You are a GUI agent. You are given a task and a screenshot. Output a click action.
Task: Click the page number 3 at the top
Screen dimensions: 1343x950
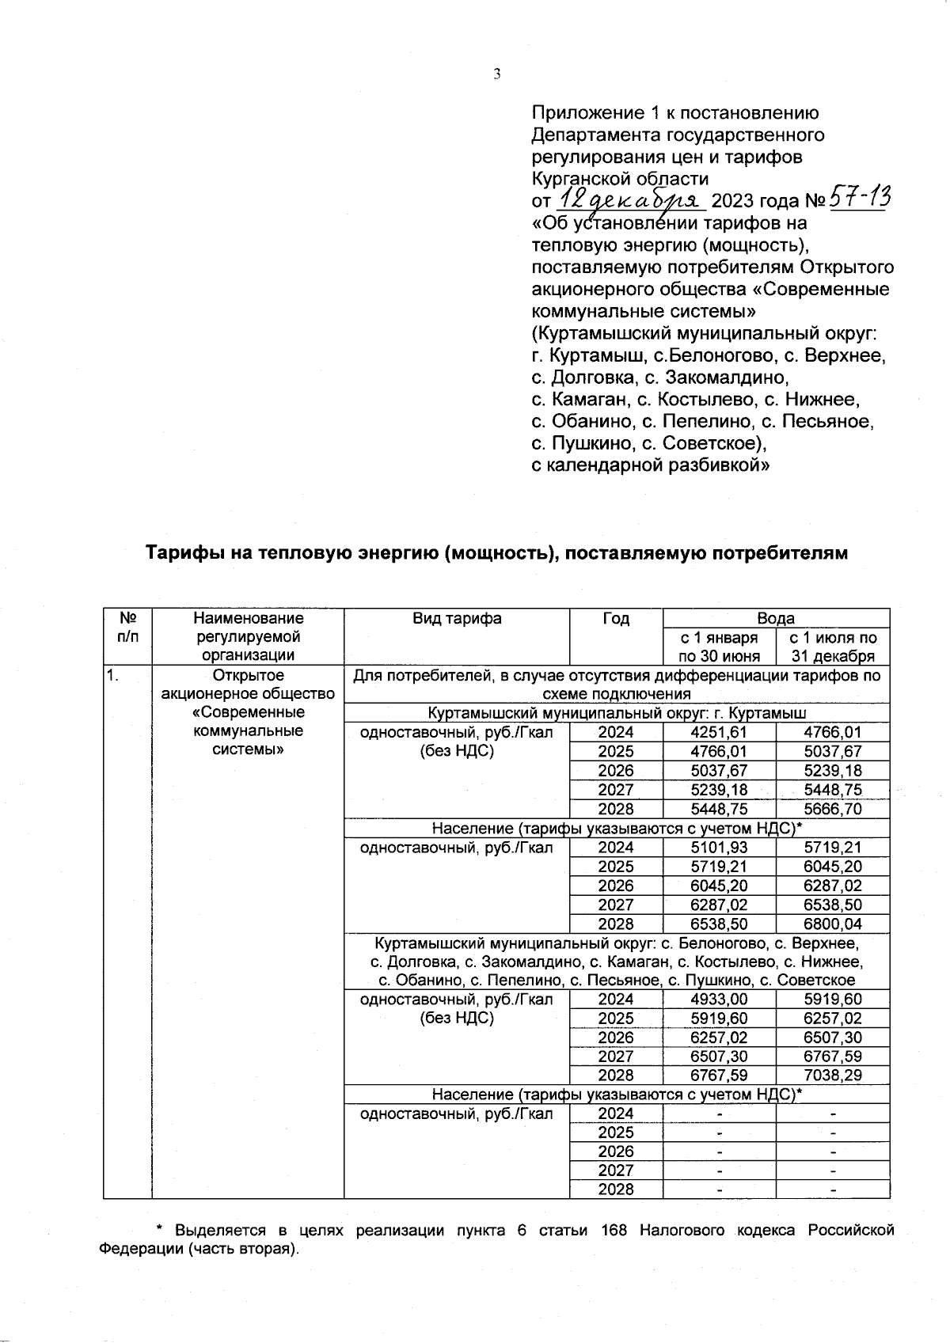[496, 74]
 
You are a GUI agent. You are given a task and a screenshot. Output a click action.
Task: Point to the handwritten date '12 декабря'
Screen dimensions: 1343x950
[630, 198]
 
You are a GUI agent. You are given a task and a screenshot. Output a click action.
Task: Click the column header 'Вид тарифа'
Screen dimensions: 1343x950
[457, 619]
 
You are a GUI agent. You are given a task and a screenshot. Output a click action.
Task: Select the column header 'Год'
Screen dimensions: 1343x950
[615, 619]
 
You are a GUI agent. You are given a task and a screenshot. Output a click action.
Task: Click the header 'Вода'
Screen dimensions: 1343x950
[776, 619]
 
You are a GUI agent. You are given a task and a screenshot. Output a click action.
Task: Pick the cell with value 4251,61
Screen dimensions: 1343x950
[718, 733]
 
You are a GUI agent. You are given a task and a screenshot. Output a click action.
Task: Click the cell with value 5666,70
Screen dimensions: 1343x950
[832, 809]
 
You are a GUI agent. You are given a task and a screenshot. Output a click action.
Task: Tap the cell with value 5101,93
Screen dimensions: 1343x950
[718, 848]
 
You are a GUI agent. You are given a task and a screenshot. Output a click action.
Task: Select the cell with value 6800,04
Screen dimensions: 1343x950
[832, 924]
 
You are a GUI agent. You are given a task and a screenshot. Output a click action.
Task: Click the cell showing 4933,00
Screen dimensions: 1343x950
[718, 1000]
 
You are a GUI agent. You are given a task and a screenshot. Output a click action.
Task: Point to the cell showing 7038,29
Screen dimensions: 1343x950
[832, 1076]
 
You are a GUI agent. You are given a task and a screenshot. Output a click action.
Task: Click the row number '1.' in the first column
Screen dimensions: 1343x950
[114, 676]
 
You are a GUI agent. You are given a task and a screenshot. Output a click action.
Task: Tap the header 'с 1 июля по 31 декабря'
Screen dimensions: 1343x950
[833, 647]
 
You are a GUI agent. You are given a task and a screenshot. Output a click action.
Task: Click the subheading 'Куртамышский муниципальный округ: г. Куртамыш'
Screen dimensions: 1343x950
[617, 714]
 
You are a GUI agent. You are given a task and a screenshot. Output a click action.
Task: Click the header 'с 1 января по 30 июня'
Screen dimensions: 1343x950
[719, 647]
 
